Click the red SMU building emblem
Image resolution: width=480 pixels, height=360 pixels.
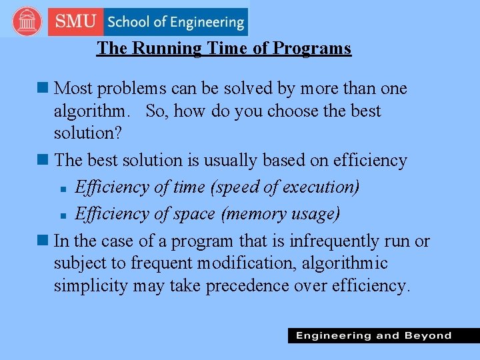tap(27, 21)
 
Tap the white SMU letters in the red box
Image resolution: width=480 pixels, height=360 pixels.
tap(76, 21)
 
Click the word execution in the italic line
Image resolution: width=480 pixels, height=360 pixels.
tap(317, 187)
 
